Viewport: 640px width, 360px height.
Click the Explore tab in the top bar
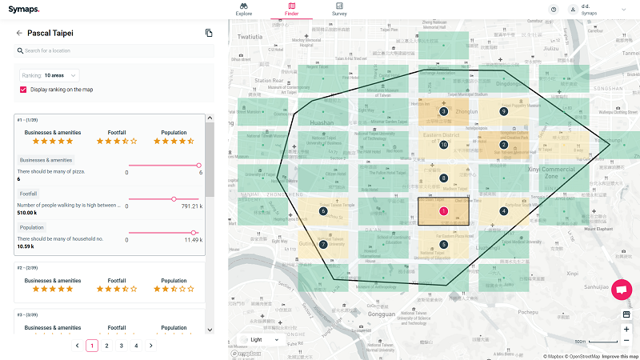tap(244, 9)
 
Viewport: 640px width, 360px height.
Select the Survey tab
tap(340, 9)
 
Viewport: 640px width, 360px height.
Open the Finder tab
tap(292, 9)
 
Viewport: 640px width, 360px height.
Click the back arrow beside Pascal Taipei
tap(19, 33)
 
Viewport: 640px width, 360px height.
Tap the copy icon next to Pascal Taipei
tap(209, 33)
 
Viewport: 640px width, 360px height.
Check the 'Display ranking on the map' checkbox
tap(24, 90)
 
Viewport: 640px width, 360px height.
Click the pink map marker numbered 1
tap(443, 211)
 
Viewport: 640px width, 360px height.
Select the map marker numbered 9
tap(503, 111)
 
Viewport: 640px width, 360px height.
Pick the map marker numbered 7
tap(322, 244)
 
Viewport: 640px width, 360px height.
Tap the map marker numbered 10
tap(443, 145)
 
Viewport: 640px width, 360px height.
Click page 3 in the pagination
tap(121, 346)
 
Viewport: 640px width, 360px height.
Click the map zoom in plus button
tap(626, 329)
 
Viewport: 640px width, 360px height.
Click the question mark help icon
tap(553, 9)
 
